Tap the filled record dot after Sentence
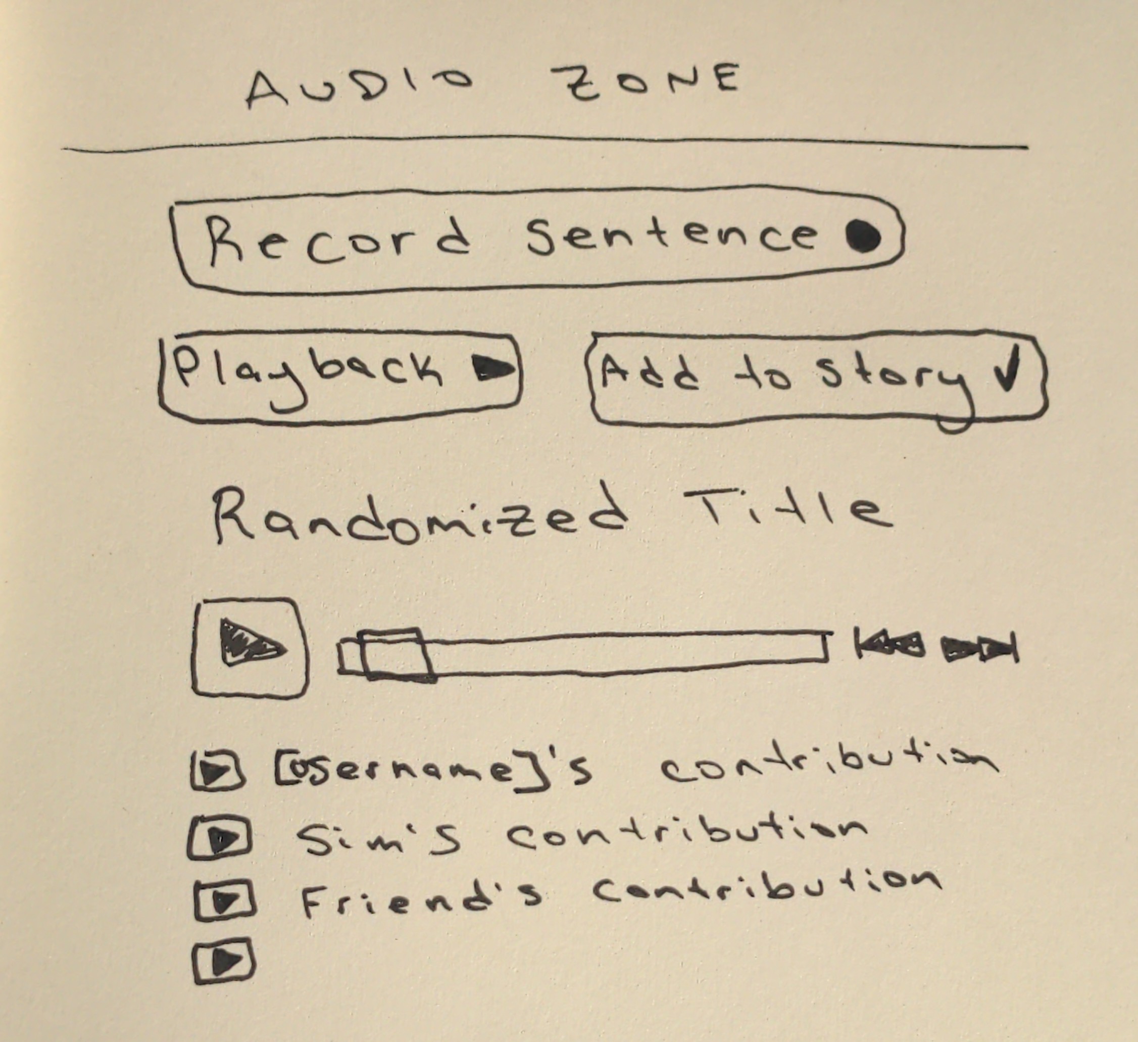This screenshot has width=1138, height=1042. tap(863, 235)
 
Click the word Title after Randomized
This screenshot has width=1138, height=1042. tap(787, 508)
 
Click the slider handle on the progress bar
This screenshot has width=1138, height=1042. tap(397, 654)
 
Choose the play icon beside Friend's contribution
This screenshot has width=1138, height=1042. tap(224, 900)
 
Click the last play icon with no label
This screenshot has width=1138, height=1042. tap(224, 961)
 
